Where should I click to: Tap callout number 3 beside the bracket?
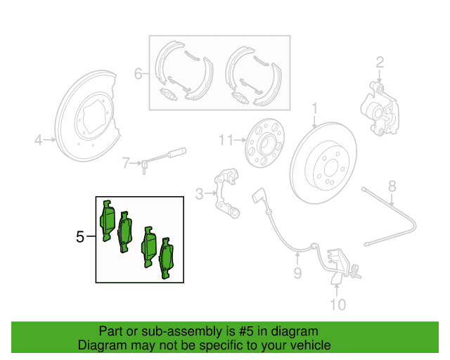coord(199,193)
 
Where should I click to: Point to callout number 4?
coord(39,141)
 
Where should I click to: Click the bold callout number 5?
coord(79,238)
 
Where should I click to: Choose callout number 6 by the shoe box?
coord(139,72)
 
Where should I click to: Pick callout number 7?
coord(126,163)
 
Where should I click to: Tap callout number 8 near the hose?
coord(392,186)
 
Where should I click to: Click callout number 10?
coord(337,304)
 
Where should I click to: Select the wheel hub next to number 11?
coord(264,144)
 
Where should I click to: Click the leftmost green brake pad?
coord(108,221)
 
